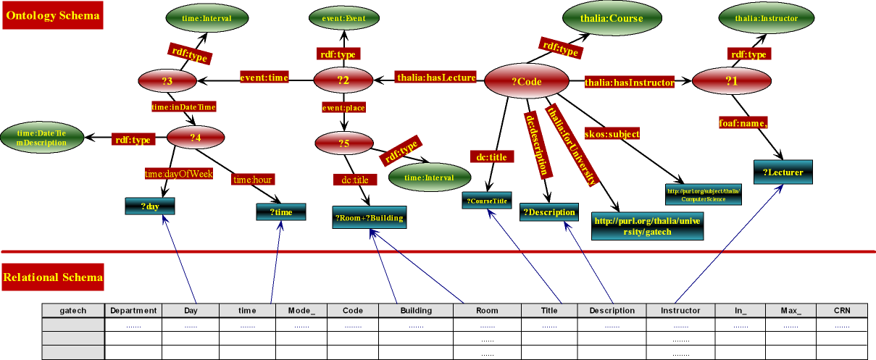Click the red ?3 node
168,80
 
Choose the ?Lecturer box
783,172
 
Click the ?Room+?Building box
368,217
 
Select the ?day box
149,206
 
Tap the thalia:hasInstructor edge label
629,83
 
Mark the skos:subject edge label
618,133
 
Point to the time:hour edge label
253,179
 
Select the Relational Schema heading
53,277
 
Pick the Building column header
415,311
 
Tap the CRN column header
841,311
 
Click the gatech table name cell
73,311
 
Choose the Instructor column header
680,311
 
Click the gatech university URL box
647,225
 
